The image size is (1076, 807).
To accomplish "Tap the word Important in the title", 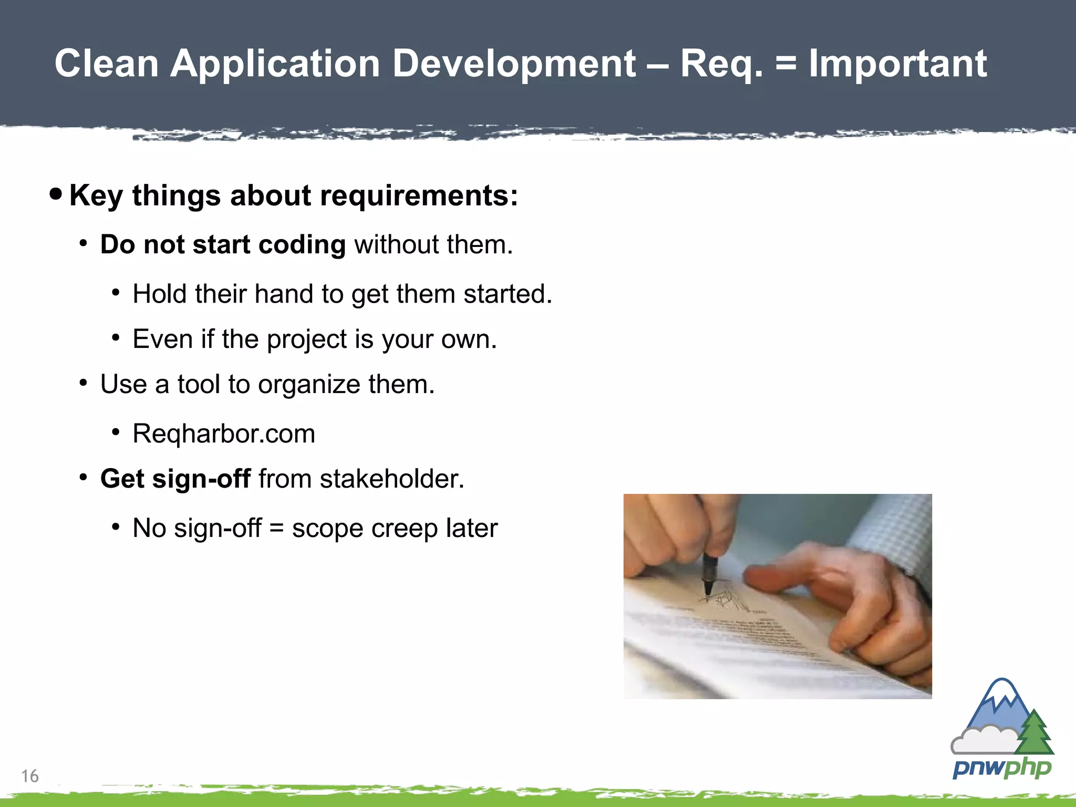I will [897, 64].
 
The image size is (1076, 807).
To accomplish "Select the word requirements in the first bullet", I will [419, 196].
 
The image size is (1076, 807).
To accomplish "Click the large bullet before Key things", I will [56, 194].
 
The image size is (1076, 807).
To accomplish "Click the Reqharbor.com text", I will [224, 434].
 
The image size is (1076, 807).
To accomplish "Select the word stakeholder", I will [391, 479].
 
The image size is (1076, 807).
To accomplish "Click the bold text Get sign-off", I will [175, 479].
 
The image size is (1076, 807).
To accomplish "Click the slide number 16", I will [30, 776].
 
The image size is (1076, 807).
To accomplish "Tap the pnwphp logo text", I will [1001, 769].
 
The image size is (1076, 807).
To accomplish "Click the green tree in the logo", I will [1034, 733].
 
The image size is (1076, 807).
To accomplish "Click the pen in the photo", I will [709, 575].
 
